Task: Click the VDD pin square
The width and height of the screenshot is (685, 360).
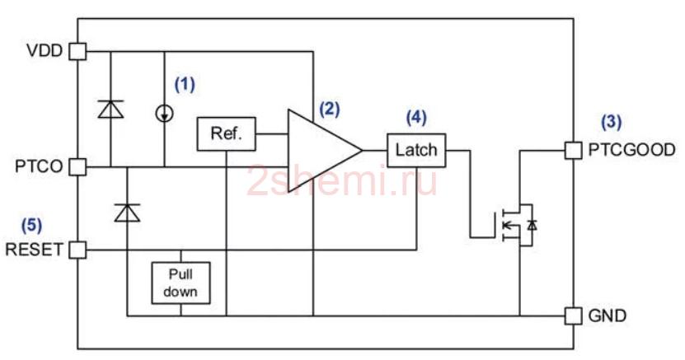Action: click(x=77, y=51)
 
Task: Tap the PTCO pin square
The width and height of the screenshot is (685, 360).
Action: click(x=77, y=166)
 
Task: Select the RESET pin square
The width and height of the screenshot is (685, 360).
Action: click(x=77, y=250)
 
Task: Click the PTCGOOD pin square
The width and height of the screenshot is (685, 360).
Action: click(x=573, y=151)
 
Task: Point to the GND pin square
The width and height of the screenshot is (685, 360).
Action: click(x=573, y=316)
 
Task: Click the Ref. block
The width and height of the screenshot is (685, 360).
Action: click(x=227, y=134)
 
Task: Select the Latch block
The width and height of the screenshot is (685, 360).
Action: click(x=416, y=151)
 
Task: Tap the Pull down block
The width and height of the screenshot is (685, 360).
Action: click(x=181, y=283)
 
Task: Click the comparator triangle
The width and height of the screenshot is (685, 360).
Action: click(x=325, y=151)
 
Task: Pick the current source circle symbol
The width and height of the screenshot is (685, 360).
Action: click(x=165, y=114)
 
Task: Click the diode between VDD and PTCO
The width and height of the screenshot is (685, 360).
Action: click(x=110, y=109)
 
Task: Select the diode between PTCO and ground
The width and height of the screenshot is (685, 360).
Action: click(x=127, y=213)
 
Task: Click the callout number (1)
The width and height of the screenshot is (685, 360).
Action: click(x=185, y=84)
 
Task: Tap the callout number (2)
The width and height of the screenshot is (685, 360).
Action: click(x=330, y=109)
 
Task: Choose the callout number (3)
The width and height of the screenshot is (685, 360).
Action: click(x=611, y=122)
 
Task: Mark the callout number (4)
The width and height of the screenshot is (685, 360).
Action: click(x=416, y=117)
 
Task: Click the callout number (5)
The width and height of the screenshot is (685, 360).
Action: click(x=31, y=225)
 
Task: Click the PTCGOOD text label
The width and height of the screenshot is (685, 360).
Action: click(x=631, y=150)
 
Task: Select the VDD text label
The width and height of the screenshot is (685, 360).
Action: click(x=45, y=50)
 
